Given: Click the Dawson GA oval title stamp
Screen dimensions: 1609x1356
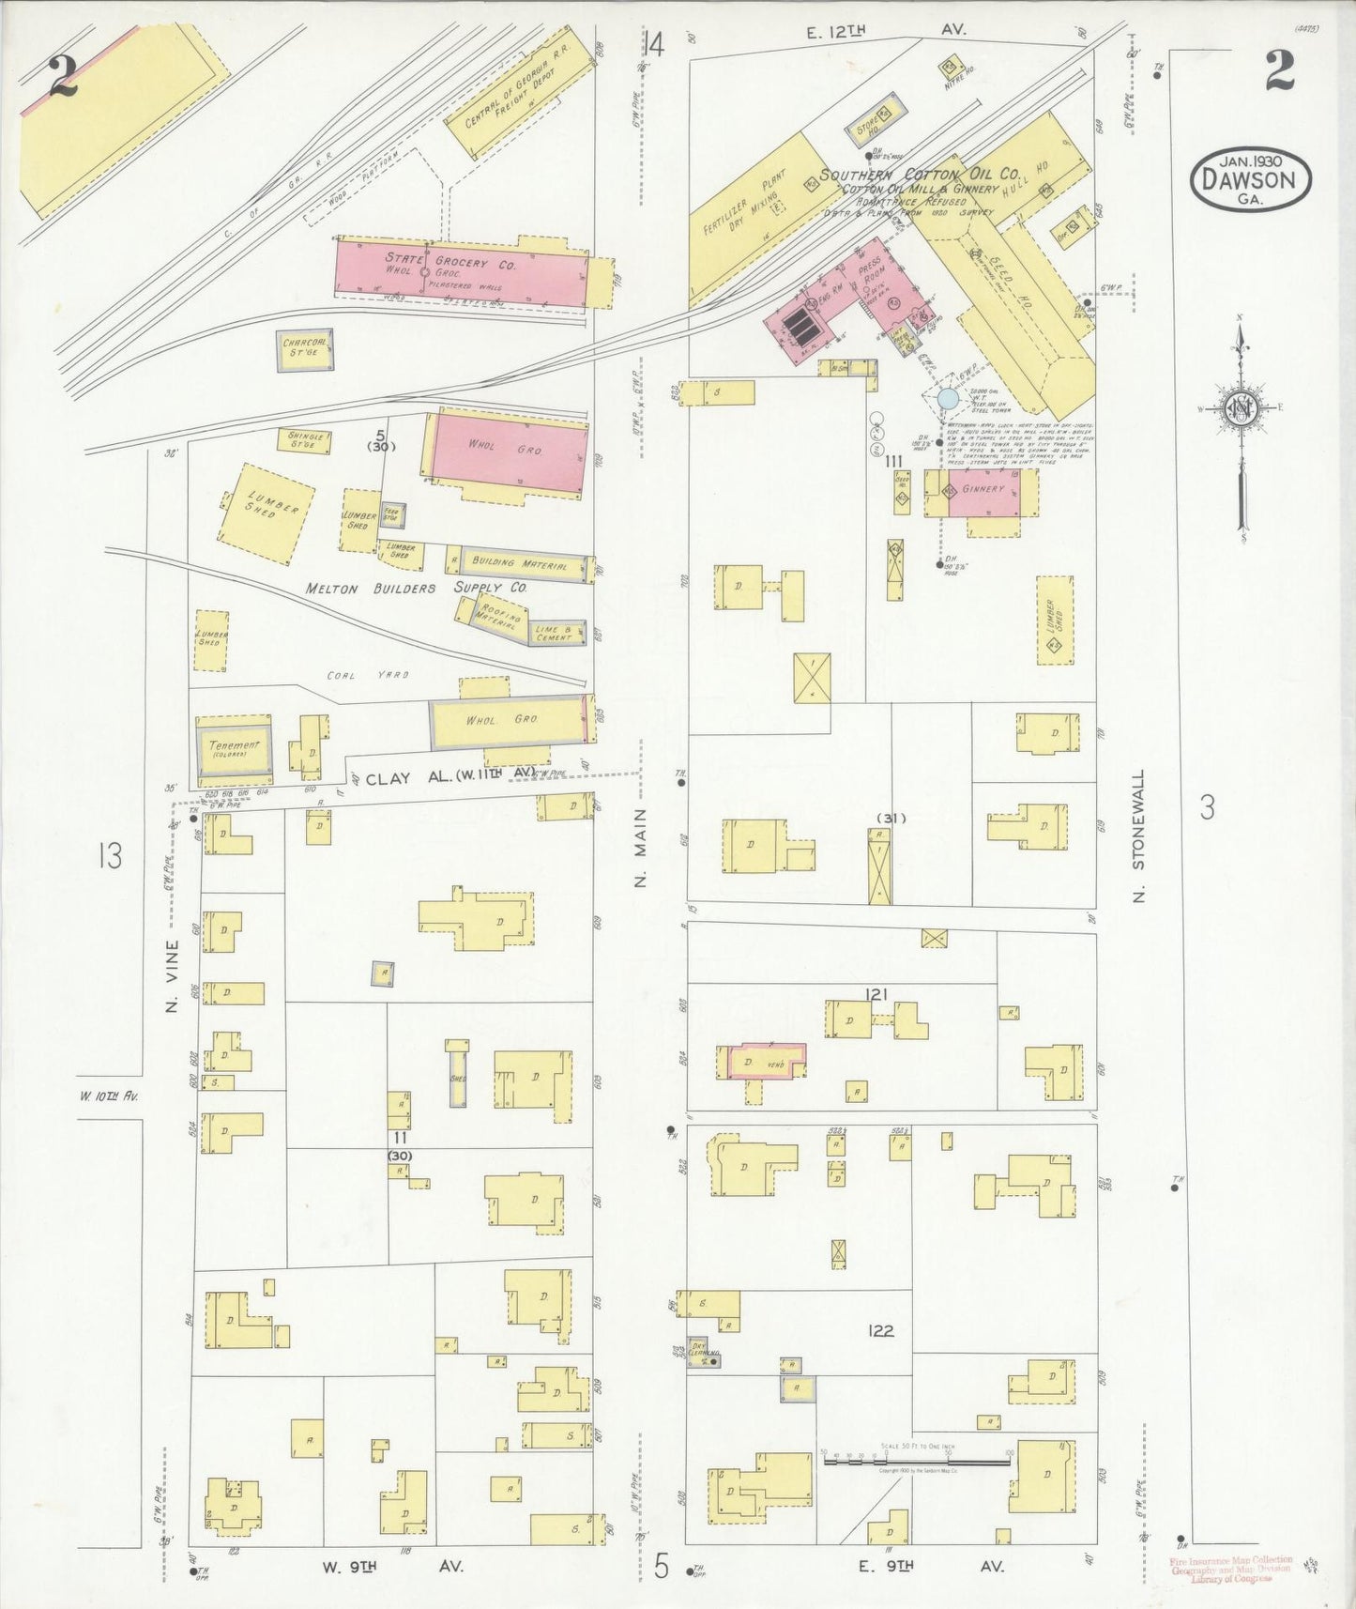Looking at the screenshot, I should (x=1250, y=179).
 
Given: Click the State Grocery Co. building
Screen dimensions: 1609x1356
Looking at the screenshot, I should (x=460, y=272).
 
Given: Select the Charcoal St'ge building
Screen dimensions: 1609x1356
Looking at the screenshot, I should (x=304, y=349).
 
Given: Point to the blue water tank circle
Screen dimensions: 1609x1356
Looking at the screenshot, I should (x=948, y=399).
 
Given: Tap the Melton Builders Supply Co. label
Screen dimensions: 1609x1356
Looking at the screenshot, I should (x=416, y=588).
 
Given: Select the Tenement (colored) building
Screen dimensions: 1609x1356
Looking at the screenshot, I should (x=234, y=748).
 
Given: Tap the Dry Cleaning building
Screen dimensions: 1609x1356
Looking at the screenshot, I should (x=703, y=1353).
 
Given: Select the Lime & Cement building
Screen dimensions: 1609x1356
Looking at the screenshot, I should (x=556, y=634).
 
